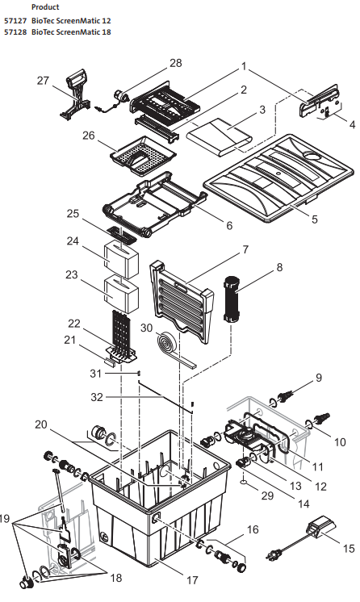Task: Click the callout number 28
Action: [x=176, y=63]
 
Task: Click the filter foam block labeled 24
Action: [x=122, y=260]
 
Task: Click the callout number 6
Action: [x=229, y=225]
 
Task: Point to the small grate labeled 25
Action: [x=124, y=234]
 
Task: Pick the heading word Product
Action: [x=44, y=6]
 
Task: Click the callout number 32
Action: [x=96, y=397]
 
